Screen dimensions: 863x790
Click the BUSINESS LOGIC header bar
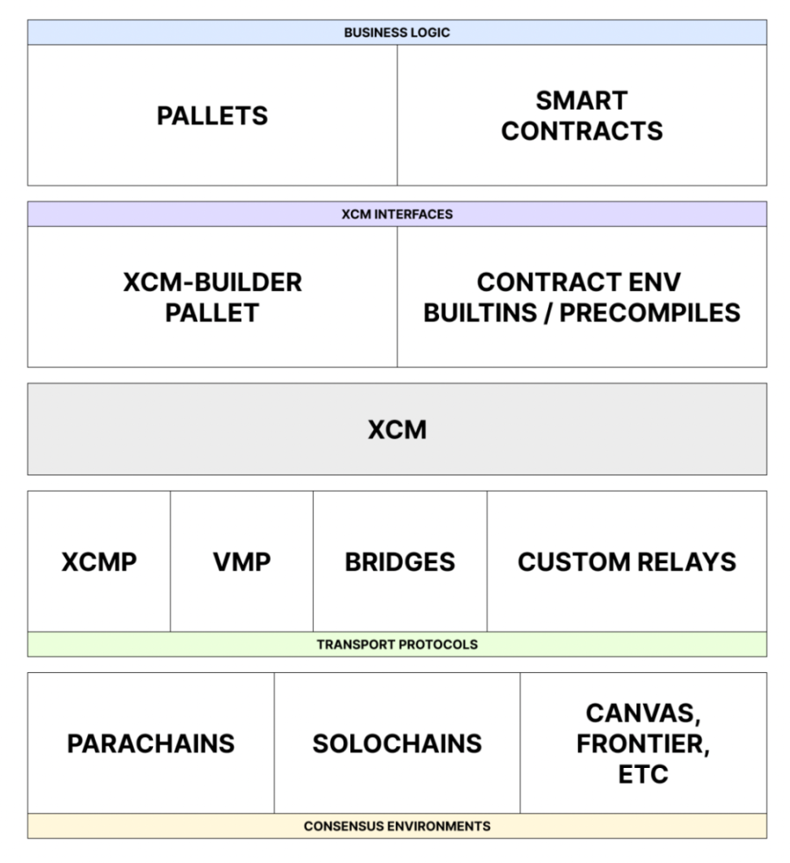coord(397,33)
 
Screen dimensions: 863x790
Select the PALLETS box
coord(212,115)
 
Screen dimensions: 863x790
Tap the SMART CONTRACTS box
coord(581,115)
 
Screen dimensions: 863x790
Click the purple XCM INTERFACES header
coord(397,215)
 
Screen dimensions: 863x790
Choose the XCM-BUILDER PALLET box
coord(212,297)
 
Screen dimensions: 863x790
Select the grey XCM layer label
coord(397,429)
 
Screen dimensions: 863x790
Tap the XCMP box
coord(99,562)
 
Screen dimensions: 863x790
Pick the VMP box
coord(241,562)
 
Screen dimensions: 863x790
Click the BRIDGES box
coord(400,562)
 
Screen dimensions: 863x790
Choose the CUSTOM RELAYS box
coord(627,562)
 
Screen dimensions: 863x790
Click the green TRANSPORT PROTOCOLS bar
coord(397,644)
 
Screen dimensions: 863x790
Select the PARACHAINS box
coord(150,743)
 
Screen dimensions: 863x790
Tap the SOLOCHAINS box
coord(397,743)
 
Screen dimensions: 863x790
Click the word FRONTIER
coord(643,744)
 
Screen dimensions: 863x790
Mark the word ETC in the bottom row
coord(643,774)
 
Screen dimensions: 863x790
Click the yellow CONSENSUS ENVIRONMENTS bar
coord(397,826)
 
